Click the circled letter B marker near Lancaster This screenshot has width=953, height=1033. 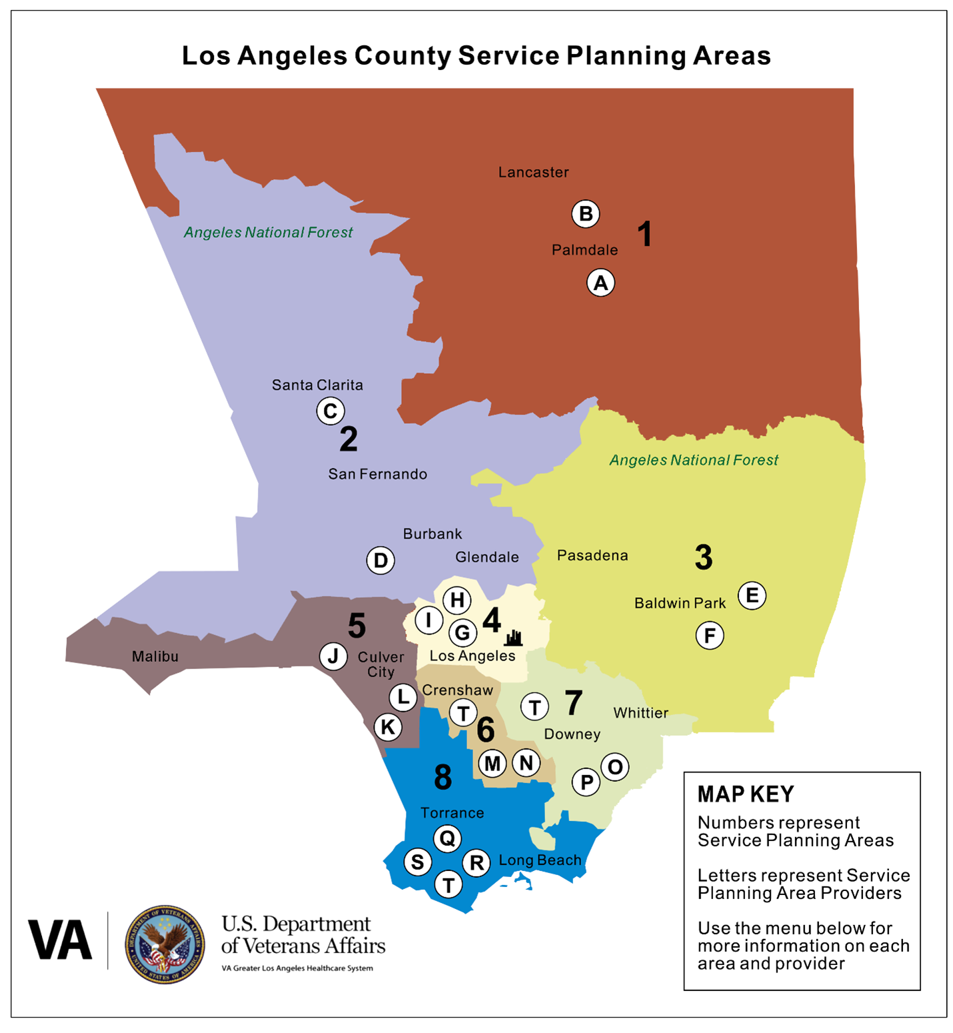586,214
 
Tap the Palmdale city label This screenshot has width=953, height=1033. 584,250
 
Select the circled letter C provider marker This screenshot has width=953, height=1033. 331,411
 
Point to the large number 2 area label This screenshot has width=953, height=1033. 349,439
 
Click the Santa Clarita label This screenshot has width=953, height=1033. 317,385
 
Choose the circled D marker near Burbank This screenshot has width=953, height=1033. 381,560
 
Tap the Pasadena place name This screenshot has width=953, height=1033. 592,555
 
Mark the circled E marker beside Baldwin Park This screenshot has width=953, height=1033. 752,595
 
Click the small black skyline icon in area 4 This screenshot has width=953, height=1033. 513,638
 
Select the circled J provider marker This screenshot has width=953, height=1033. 333,656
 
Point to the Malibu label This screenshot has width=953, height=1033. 155,656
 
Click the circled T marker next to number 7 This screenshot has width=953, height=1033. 534,706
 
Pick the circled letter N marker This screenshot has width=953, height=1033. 526,762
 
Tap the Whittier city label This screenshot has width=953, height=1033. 640,713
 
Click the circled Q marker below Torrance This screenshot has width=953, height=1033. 447,838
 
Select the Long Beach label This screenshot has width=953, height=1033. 540,860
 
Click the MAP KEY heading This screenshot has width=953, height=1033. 746,794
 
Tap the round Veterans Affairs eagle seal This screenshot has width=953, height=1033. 165,944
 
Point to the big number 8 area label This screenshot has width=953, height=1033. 443,777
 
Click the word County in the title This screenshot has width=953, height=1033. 403,56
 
